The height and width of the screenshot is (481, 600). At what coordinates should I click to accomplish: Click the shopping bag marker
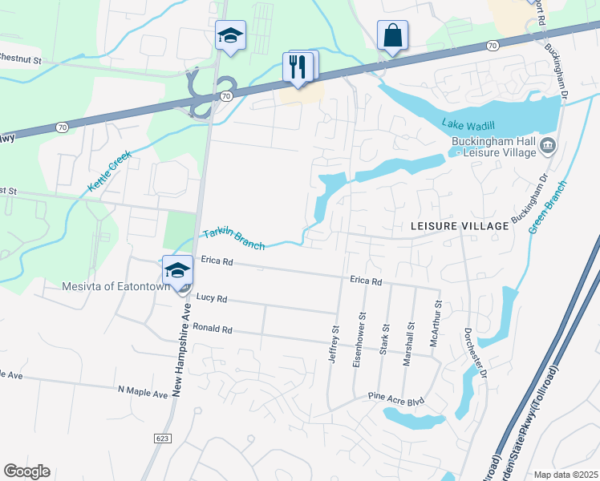392,36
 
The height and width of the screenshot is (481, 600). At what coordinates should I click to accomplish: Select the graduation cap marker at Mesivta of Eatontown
177,270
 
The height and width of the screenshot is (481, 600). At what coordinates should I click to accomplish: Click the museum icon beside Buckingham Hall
548,145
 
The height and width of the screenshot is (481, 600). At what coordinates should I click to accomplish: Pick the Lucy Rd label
212,298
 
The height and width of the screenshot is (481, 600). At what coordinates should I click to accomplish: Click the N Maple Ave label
142,393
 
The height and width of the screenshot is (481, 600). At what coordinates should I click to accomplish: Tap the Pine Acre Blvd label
395,396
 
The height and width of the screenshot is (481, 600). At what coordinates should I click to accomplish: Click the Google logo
26,471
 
